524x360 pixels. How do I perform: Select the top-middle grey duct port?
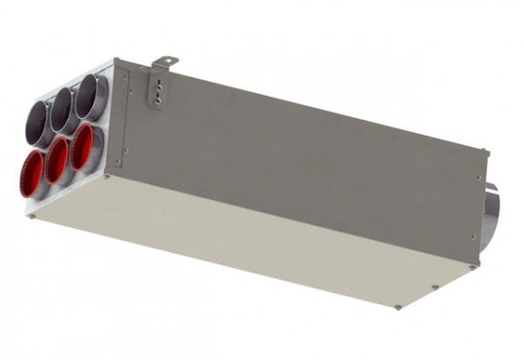click(x=65, y=110)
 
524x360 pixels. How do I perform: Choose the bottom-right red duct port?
click(x=84, y=146)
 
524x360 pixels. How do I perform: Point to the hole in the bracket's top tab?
click(x=159, y=63)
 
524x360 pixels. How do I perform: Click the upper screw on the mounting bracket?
click(x=158, y=88)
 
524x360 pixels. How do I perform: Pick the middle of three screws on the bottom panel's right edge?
click(x=435, y=286)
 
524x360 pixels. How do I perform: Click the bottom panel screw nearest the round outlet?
click(x=471, y=263)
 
